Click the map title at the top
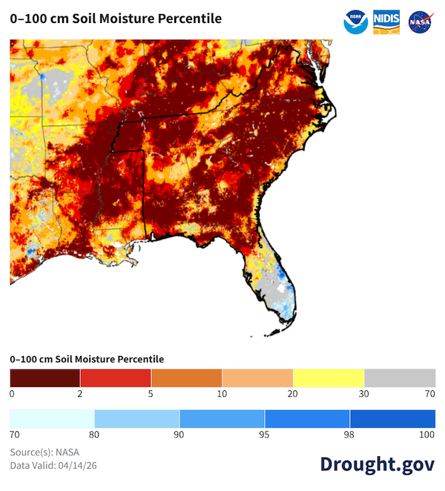tap(116, 19)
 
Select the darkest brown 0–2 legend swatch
tap(45, 376)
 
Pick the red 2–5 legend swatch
tap(116, 376)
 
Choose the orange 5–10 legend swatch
tap(187, 376)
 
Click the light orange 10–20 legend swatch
tap(257, 376)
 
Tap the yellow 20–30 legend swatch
tap(329, 376)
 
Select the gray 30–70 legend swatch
tap(400, 376)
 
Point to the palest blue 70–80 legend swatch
tap(52, 418)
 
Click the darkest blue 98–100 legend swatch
tap(392, 418)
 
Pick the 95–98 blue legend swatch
tap(307, 418)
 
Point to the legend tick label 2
tap(80, 393)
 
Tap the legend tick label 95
tap(264, 435)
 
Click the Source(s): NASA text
tap(44, 452)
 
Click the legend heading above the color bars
tap(87, 359)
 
